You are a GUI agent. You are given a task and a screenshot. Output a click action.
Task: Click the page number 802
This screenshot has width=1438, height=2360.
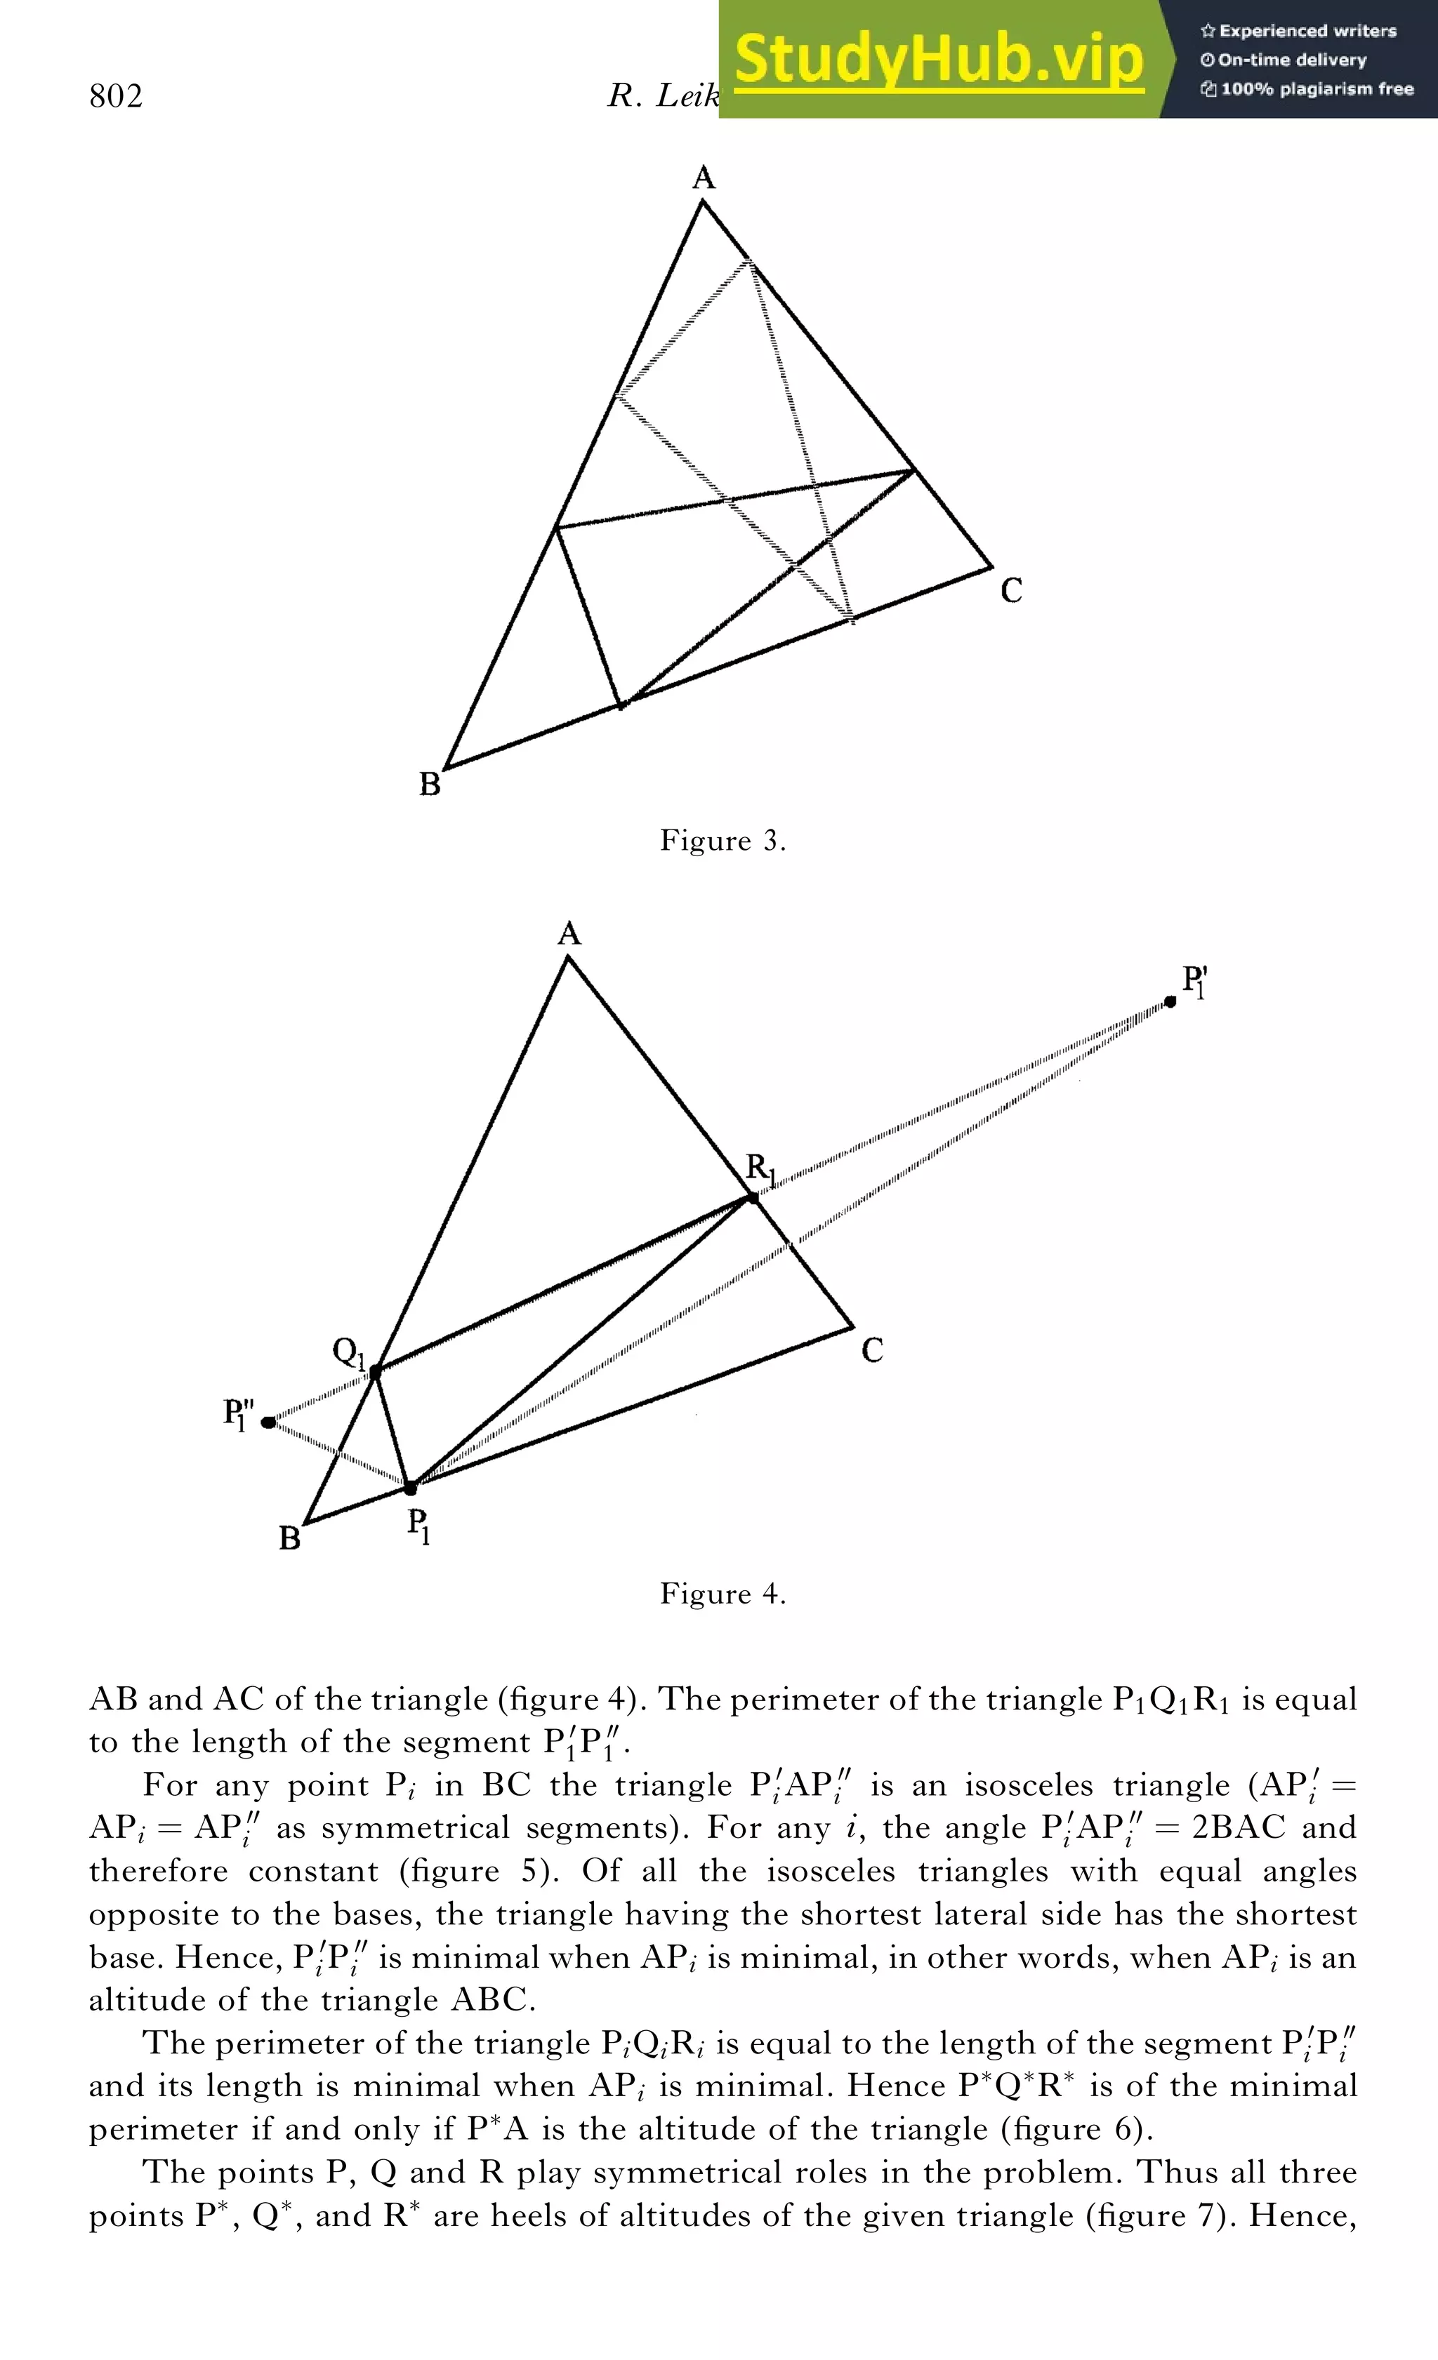coord(116,97)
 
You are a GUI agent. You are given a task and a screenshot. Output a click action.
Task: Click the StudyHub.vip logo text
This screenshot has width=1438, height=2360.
coord(939,60)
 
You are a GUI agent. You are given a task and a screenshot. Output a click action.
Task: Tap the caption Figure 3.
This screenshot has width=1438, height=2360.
coord(723,841)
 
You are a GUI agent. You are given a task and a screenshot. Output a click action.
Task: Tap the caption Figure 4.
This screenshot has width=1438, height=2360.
coord(723,1594)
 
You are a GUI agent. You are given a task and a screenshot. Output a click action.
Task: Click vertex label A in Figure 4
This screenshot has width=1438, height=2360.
coord(569,934)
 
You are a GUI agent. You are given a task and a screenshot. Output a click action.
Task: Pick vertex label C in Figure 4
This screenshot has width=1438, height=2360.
coord(872,1350)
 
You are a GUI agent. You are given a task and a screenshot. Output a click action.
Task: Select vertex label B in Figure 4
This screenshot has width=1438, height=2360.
coord(289,1538)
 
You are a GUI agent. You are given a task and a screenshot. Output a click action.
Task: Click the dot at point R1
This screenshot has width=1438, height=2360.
coord(752,1198)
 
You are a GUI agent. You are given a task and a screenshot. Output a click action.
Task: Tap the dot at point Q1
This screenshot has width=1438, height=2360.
coord(376,1371)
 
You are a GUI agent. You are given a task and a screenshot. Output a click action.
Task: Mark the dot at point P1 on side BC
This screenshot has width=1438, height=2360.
coord(410,1488)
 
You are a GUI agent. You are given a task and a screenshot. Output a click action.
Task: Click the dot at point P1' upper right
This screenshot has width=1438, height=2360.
coord(1170,1002)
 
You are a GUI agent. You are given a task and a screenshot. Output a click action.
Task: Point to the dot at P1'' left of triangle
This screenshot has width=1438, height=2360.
coord(268,1422)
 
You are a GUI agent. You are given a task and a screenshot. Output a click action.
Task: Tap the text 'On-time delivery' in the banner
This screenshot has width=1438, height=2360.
coord(1291,60)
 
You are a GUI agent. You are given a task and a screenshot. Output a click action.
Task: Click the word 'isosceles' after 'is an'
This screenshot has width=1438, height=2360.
coord(1028,1785)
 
